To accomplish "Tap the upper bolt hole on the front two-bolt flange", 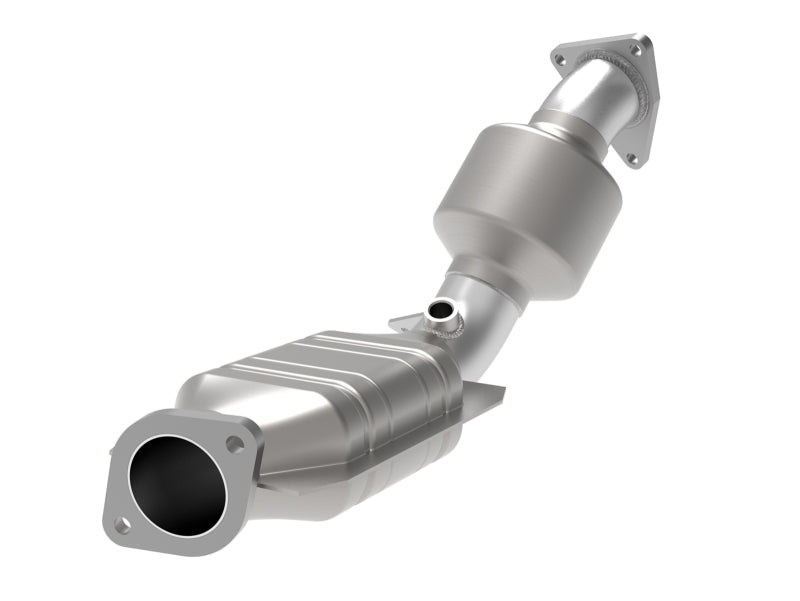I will click(x=235, y=443).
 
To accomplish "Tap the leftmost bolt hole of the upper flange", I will click(x=560, y=60).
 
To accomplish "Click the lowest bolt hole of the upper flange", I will click(x=630, y=158).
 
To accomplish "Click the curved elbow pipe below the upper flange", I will click(x=590, y=100).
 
